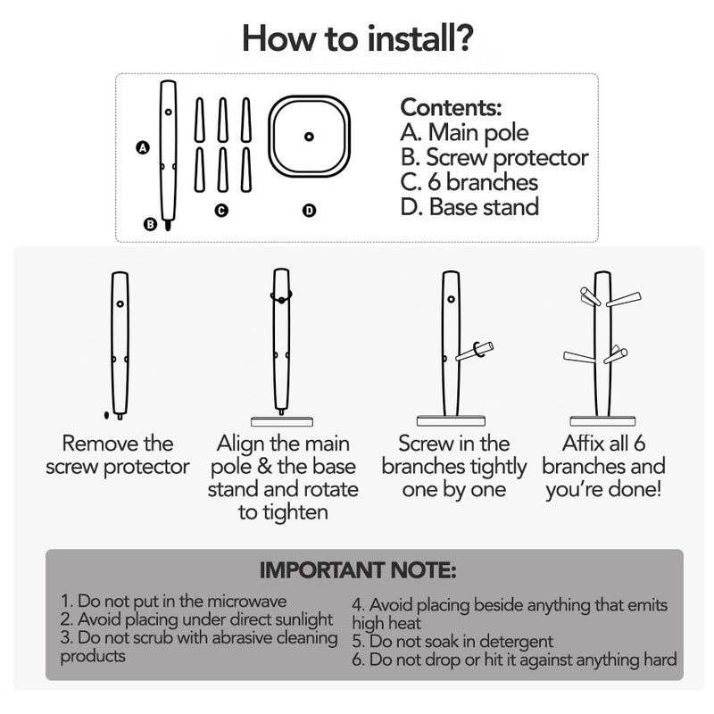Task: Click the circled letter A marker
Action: tap(143, 148)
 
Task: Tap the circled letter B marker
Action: tap(150, 225)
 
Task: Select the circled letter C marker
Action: tap(221, 211)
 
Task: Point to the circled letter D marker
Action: tap(309, 211)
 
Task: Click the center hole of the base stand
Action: tap(309, 137)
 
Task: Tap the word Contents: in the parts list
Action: tap(451, 107)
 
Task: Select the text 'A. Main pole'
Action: tap(464, 132)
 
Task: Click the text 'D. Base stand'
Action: tap(470, 207)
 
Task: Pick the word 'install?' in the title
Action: tap(419, 38)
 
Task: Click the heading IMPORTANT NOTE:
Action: tap(358, 570)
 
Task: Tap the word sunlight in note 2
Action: tap(299, 619)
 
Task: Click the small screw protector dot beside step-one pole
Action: tap(106, 415)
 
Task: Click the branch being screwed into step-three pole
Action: tap(475, 352)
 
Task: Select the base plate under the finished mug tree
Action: tap(602, 421)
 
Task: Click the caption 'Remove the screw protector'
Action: tap(118, 455)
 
